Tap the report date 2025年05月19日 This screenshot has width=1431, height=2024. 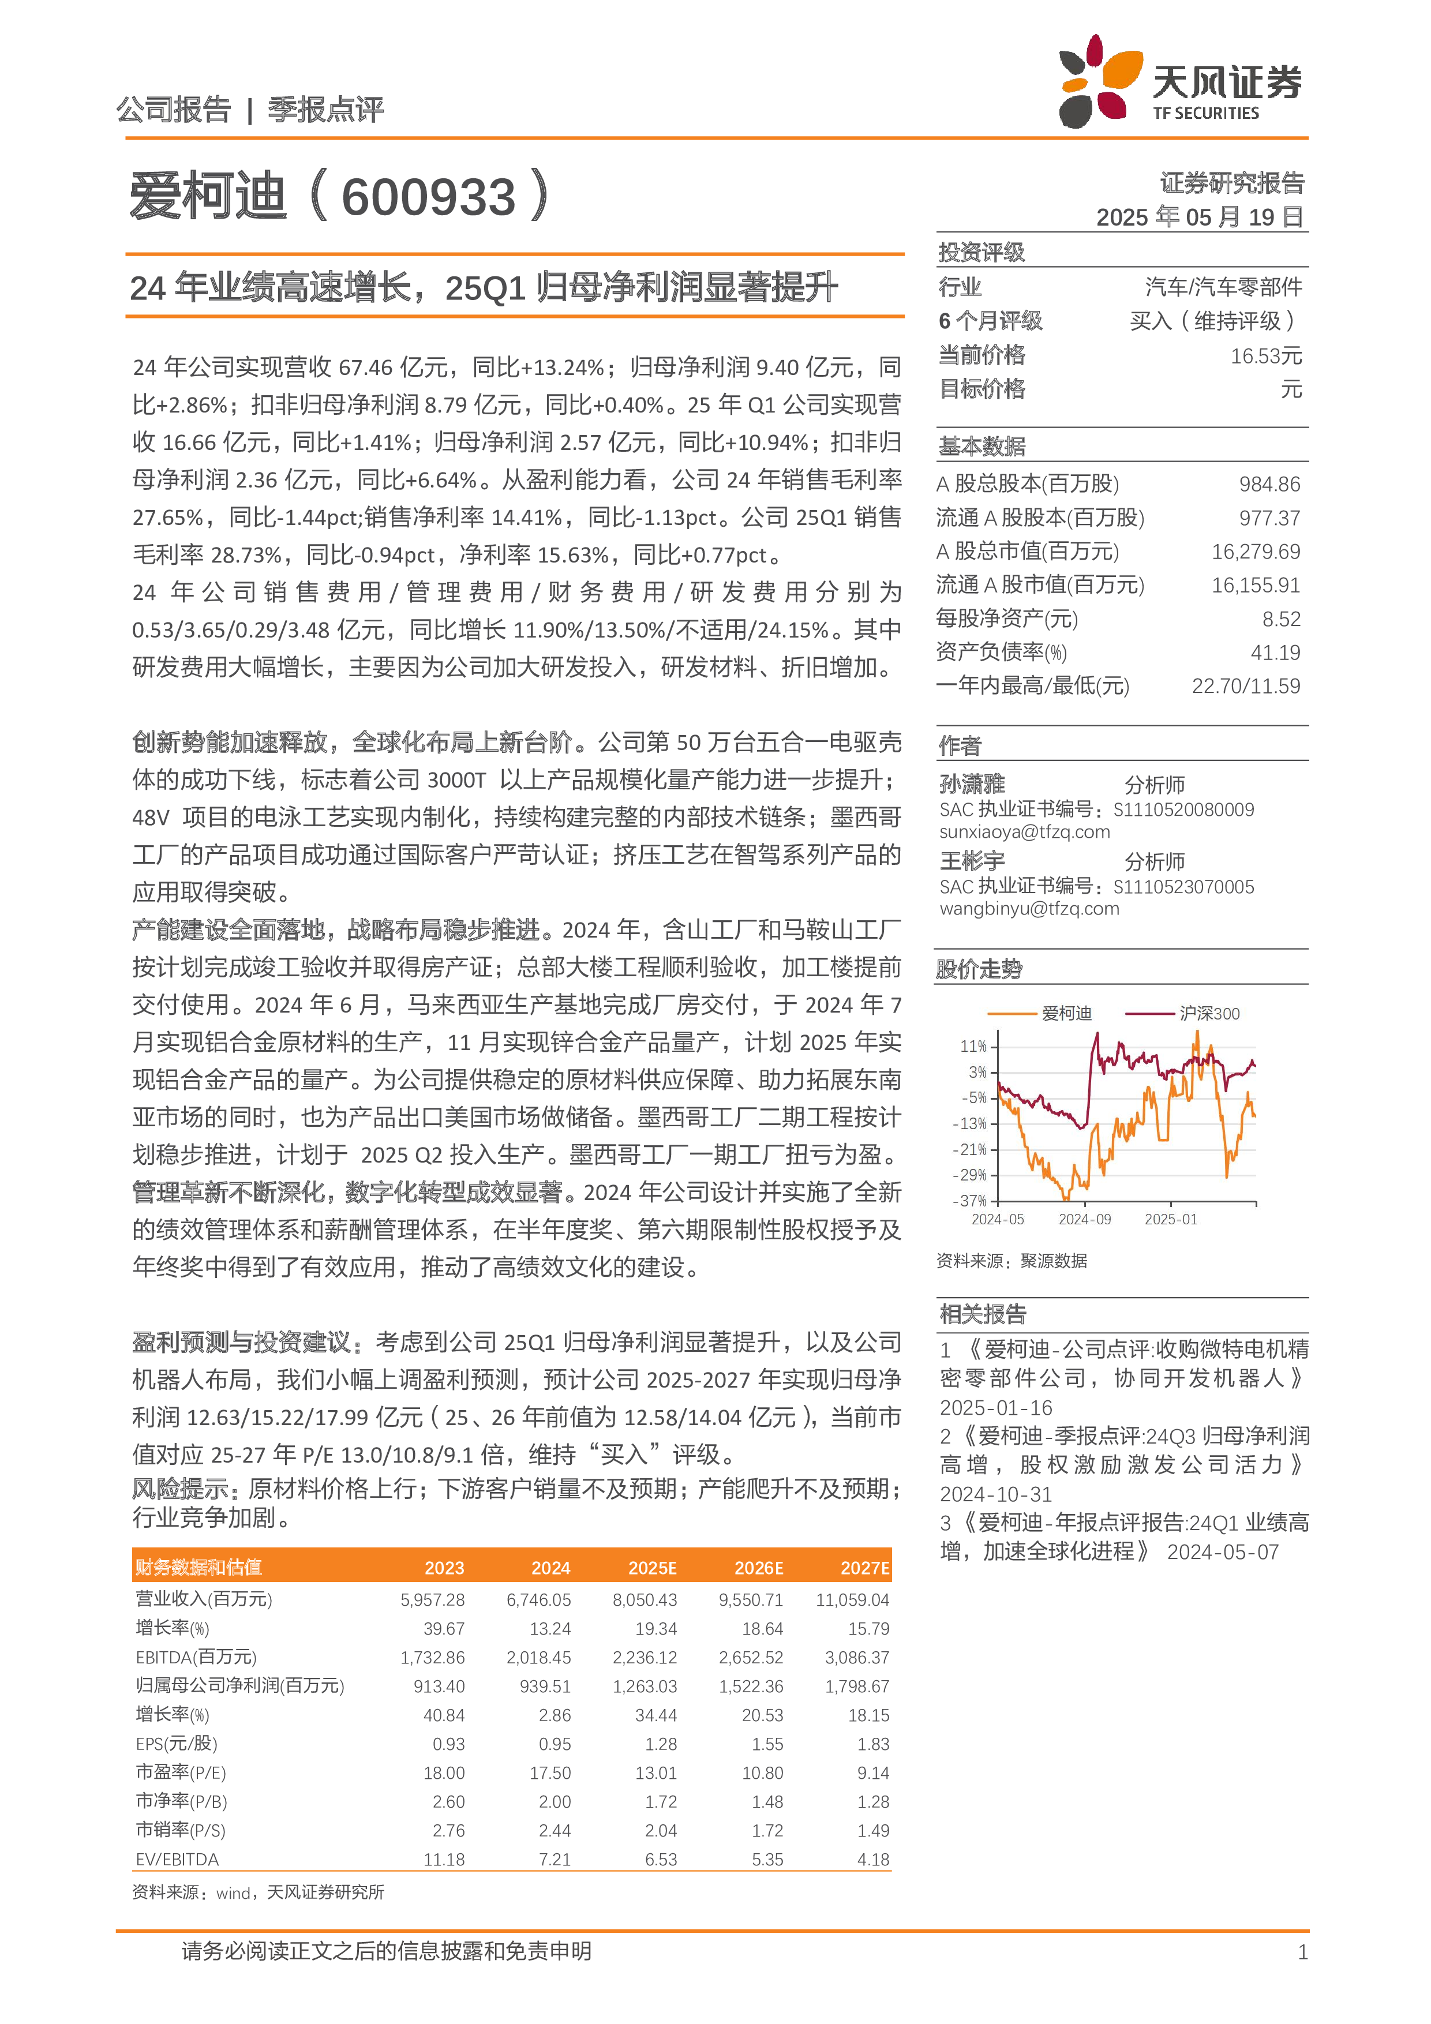[x=1199, y=217]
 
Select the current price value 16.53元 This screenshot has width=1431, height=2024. [x=1265, y=356]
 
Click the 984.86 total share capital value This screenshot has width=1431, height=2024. [x=1269, y=484]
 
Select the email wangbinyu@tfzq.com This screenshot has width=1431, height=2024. [x=1028, y=909]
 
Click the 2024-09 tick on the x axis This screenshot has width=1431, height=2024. [x=1084, y=1219]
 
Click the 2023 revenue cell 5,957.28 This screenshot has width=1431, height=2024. [x=432, y=1600]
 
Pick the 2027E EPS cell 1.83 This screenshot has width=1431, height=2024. [x=873, y=1745]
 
